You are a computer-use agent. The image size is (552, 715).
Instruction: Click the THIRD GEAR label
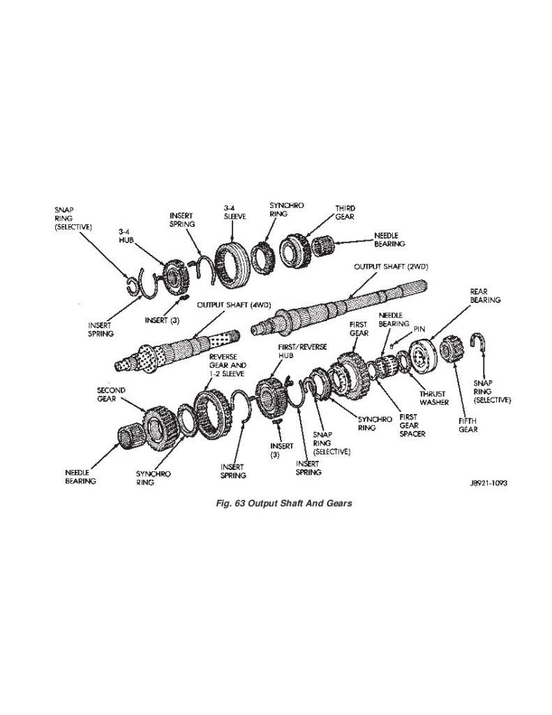(x=345, y=213)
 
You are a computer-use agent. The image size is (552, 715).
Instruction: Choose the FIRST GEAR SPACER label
(x=412, y=425)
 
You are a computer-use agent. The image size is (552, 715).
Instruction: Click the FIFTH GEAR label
(x=468, y=425)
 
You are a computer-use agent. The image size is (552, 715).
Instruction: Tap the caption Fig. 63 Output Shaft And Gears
(x=285, y=503)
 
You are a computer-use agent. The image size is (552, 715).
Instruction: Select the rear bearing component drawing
(x=423, y=355)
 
